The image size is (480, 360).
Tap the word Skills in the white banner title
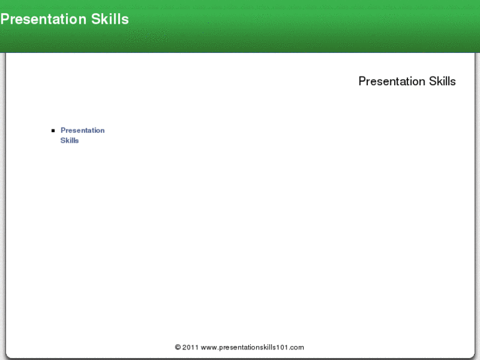(110, 19)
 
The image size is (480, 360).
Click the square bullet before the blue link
(53, 131)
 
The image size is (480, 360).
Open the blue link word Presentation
(83, 130)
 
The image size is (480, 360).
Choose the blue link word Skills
(69, 140)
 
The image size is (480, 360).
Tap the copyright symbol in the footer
(178, 347)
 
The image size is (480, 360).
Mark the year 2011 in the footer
(190, 347)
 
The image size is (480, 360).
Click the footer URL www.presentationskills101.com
(252, 347)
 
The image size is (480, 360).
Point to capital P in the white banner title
(5, 19)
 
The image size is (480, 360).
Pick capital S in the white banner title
(96, 19)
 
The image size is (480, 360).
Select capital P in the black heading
(362, 81)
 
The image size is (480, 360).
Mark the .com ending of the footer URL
(297, 347)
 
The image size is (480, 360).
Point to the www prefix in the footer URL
(208, 347)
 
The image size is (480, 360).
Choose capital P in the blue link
(63, 130)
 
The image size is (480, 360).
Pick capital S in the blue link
(63, 140)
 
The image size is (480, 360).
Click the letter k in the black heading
(439, 81)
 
